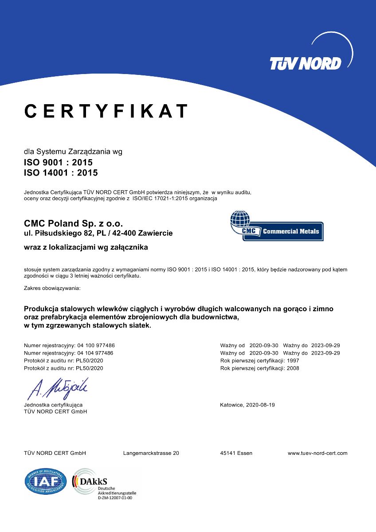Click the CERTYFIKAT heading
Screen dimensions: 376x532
(106, 111)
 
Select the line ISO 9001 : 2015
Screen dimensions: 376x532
(58, 163)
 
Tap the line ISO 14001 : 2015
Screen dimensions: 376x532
(61, 173)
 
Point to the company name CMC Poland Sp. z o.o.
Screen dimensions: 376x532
(73, 223)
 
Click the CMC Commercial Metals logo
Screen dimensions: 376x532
(276, 226)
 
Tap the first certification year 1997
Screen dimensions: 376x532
(293, 360)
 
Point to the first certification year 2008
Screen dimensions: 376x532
(293, 368)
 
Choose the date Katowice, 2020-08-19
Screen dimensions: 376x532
(247, 405)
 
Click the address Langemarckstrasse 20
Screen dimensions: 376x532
(151, 453)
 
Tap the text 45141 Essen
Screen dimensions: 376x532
(236, 453)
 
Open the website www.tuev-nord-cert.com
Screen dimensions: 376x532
(317, 453)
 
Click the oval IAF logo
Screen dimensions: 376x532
(46, 481)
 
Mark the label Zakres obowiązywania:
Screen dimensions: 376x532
(52, 288)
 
